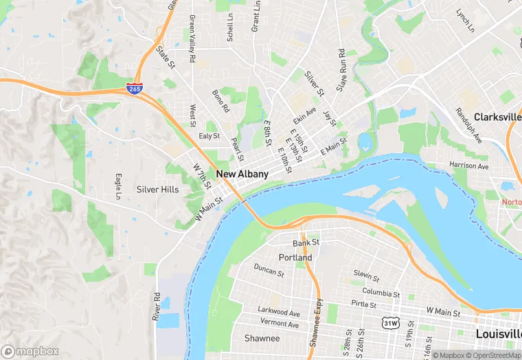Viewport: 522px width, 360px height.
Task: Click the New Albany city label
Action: pyautogui.click(x=242, y=175)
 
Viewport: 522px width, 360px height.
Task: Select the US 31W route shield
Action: pyautogui.click(x=391, y=322)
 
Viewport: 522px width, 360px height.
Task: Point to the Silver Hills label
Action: pyautogui.click(x=157, y=190)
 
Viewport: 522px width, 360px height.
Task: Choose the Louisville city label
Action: pyautogui.click(x=498, y=333)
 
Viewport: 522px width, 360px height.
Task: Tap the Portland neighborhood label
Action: pyautogui.click(x=295, y=258)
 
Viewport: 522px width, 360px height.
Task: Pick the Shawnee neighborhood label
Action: pyautogui.click(x=262, y=338)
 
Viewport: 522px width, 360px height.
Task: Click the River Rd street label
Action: pyautogui.click(x=157, y=307)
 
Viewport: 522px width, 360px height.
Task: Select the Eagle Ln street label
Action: pyautogui.click(x=118, y=187)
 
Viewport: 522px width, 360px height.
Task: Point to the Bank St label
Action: pyautogui.click(x=306, y=243)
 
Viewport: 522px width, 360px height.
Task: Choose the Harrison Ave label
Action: pyautogui.click(x=468, y=166)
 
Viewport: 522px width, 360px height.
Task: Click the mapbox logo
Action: pyautogui.click(x=30, y=351)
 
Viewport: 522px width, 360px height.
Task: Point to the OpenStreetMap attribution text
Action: pyautogui.click(x=492, y=355)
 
